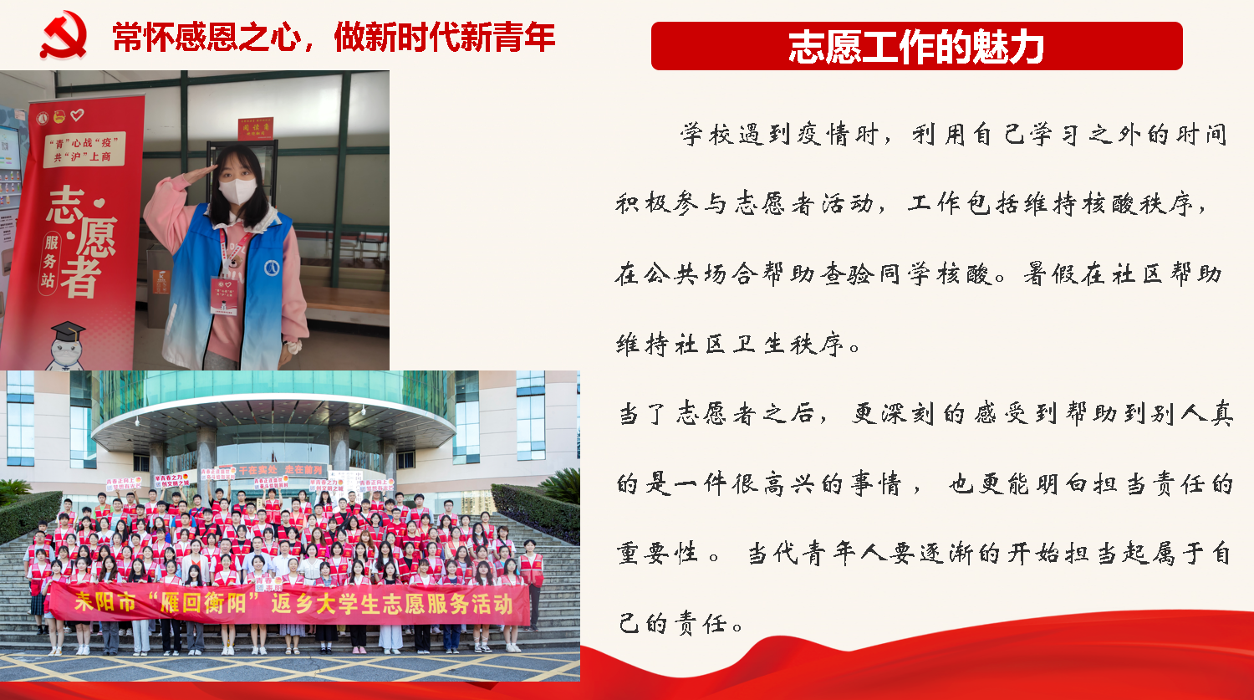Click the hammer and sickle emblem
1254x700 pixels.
[x=63, y=35]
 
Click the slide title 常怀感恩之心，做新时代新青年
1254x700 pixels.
[x=333, y=37]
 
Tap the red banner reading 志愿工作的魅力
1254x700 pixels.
[x=916, y=46]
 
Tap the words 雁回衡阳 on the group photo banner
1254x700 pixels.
[x=204, y=602]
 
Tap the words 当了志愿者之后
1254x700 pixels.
[x=716, y=414]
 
